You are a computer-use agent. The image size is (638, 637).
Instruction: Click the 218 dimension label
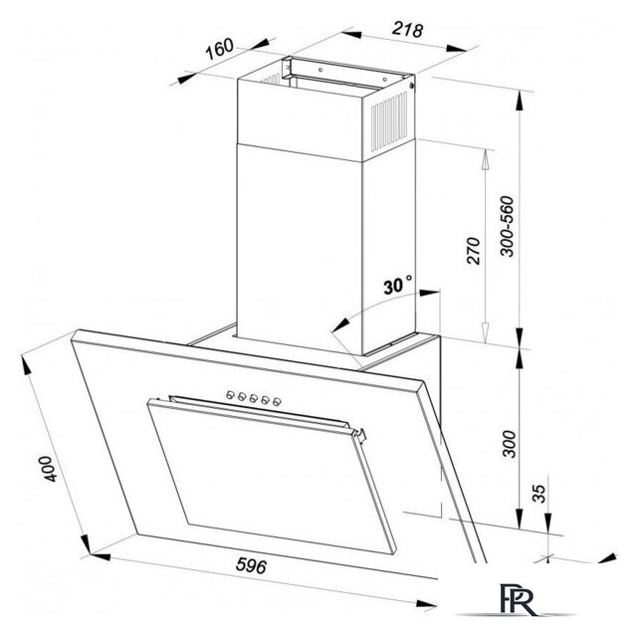tap(408, 30)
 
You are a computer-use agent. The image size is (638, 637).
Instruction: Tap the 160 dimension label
tap(219, 49)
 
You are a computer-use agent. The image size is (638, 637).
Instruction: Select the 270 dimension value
tap(473, 251)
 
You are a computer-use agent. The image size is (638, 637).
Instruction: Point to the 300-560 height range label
tap(507, 226)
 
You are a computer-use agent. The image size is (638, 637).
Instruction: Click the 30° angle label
tap(397, 285)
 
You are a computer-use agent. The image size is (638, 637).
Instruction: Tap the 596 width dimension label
tap(252, 565)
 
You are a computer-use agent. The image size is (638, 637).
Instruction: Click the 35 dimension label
tap(538, 494)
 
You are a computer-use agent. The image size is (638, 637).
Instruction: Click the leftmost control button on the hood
tap(230, 394)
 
